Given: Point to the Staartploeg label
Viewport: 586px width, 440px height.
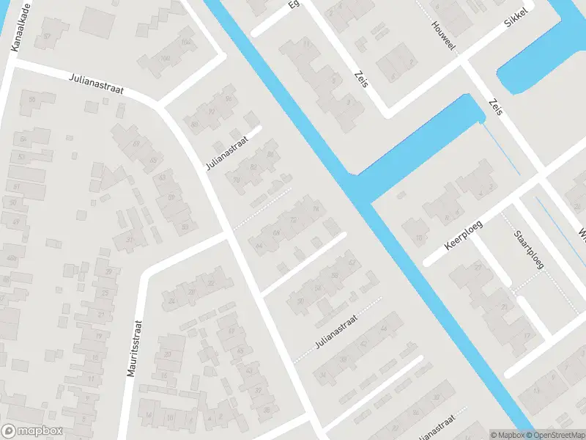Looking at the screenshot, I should coord(528,250).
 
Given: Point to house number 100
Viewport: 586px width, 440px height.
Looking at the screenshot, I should coord(165,59).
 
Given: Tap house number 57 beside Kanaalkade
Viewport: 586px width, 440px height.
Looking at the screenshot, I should coord(48,35).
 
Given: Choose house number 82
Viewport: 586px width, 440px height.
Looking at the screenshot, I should coord(253,166).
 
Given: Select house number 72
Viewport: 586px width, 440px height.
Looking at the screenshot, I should coord(293,219).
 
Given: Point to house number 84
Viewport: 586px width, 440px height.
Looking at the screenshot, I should coord(271,154).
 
